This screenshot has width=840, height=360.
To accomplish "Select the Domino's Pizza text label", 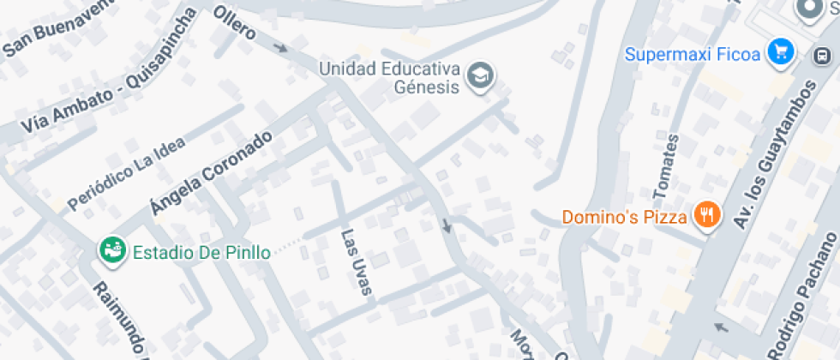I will click(625, 218).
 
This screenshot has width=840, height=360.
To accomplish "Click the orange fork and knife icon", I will click(706, 215).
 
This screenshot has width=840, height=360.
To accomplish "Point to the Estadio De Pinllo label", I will click(201, 252).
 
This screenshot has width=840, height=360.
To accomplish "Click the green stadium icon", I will click(111, 250).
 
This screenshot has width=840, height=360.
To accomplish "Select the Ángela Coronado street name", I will click(210, 174).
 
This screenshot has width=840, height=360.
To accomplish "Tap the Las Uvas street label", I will click(357, 262).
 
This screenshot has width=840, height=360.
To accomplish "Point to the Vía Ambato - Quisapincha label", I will click(105, 87).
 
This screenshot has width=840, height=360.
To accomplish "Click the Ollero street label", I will click(235, 23).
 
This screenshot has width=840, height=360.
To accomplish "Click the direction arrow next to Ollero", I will click(280, 48).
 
